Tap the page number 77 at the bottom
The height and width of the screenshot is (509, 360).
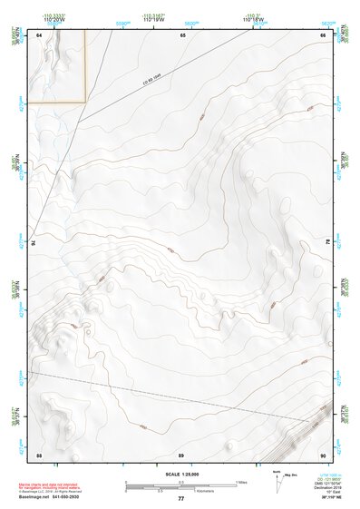pyautogui.click(x=181, y=498)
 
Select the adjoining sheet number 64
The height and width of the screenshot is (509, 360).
pyautogui.click(x=40, y=34)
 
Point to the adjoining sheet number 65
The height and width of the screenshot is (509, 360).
pyautogui.click(x=182, y=34)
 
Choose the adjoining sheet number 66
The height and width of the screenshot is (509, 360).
pyautogui.click(x=323, y=34)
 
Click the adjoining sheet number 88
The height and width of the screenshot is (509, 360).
pyautogui.click(x=40, y=453)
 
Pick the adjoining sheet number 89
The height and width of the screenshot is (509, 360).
pyautogui.click(x=181, y=453)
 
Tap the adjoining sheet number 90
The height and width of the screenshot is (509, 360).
pyautogui.click(x=323, y=453)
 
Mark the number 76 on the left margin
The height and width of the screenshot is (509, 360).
pyautogui.click(x=34, y=243)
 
